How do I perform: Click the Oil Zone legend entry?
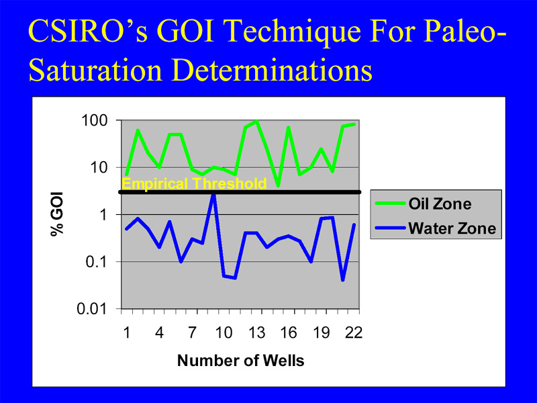[424, 204]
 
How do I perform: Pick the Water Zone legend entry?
[435, 228]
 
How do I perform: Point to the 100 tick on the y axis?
[94, 120]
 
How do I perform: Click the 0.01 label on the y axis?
[92, 309]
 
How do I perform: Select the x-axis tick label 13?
[256, 332]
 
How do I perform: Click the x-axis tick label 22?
[354, 332]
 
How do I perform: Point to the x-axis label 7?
[192, 332]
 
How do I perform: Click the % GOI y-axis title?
[57, 214]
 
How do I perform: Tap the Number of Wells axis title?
[241, 361]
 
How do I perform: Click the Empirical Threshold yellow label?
[194, 183]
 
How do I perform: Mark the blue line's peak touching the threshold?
[213, 194]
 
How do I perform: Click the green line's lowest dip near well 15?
[278, 185]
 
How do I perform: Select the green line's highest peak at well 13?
[256, 122]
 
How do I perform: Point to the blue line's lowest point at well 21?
[343, 280]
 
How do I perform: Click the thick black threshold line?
[240, 192]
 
